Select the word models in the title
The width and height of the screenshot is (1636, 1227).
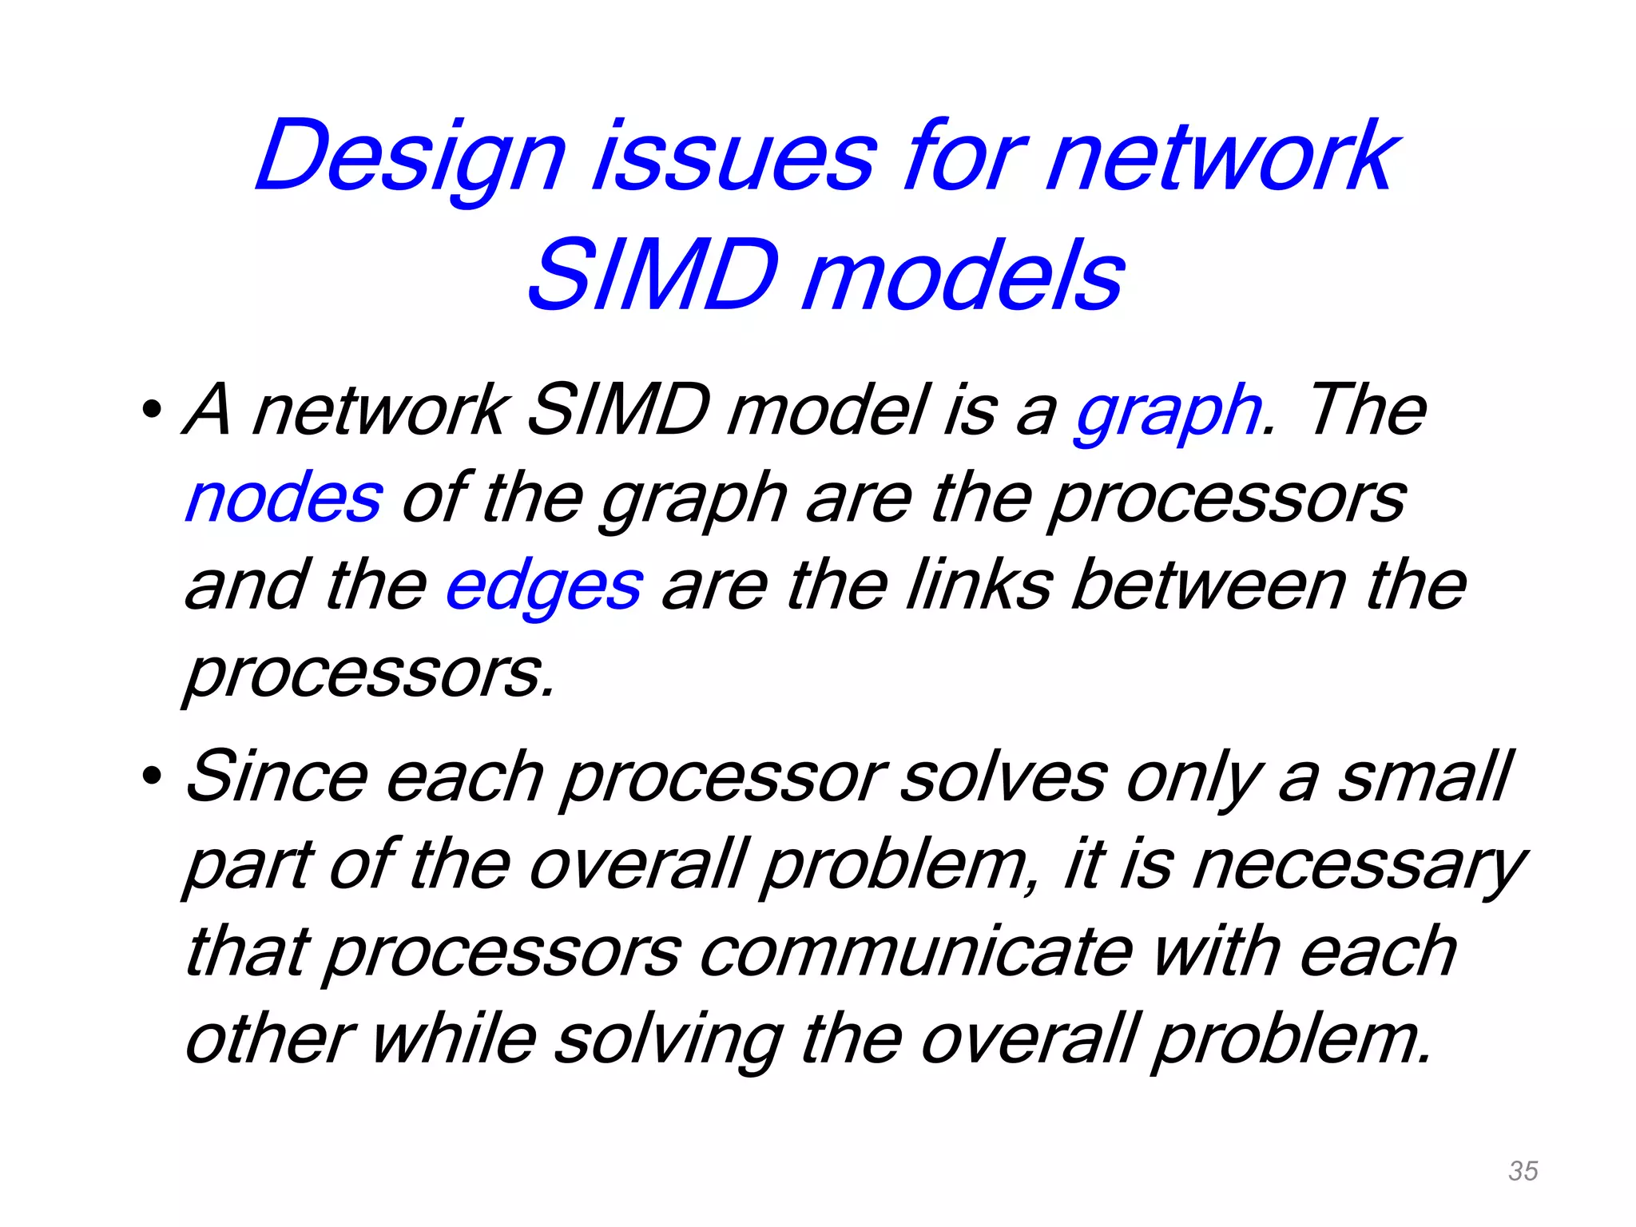click(963, 276)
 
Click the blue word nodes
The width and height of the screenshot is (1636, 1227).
click(284, 498)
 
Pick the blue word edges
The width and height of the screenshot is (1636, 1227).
click(543, 586)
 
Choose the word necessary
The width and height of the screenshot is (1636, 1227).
click(1359, 866)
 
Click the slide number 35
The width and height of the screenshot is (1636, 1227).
click(1523, 1171)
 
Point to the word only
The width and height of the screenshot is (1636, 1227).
click(1194, 778)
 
